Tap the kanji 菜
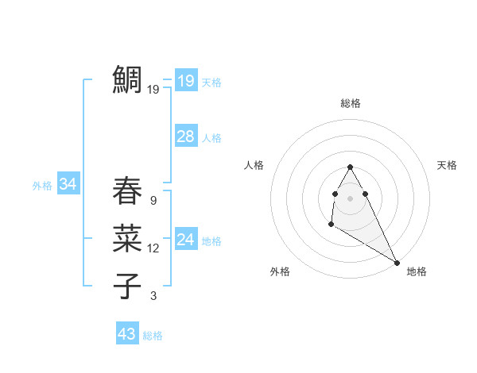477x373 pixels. pos(128,237)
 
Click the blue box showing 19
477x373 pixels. pos(185,81)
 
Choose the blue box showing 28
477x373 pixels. pos(185,137)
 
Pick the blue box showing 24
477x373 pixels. pos(185,240)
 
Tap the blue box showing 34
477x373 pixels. pos(68,185)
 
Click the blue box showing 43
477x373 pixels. pos(127,334)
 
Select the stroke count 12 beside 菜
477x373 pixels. pos(153,248)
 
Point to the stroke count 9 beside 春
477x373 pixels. pos(153,201)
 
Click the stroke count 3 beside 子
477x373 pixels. pos(153,296)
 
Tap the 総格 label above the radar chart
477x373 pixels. pos(351,104)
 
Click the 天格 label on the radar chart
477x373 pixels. pos(447,165)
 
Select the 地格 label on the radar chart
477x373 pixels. pos(417,271)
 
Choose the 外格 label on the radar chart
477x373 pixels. pos(280,271)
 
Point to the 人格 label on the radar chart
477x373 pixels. pos(254,165)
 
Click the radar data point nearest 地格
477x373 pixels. pos(397,263)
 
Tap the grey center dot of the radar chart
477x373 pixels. pos(351,198)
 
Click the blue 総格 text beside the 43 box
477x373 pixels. pos(153,336)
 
